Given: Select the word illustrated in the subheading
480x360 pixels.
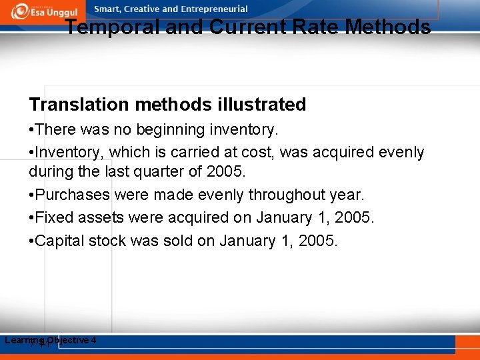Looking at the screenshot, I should [x=261, y=105].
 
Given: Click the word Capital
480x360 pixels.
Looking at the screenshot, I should [x=59, y=240].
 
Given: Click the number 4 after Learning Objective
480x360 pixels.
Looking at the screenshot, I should [x=94, y=340].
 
